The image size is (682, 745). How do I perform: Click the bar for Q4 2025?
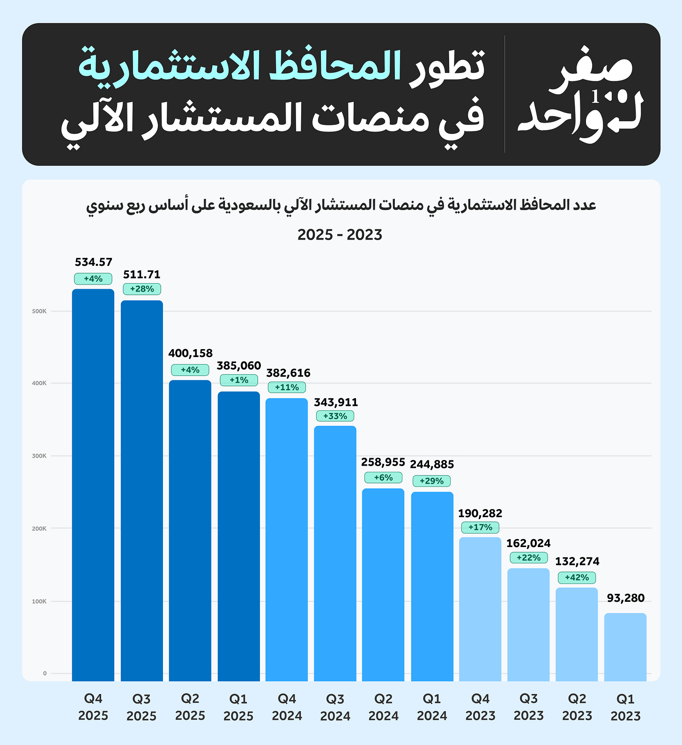click(x=93, y=484)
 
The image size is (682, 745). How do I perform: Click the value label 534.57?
click(x=94, y=262)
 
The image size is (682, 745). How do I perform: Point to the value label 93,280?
click(x=625, y=598)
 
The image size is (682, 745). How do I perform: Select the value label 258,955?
click(x=383, y=462)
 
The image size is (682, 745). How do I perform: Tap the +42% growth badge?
click(x=577, y=577)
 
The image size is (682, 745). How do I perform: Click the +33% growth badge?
click(x=335, y=416)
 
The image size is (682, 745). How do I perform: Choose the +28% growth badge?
click(x=142, y=289)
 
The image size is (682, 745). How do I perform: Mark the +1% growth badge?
click(x=239, y=380)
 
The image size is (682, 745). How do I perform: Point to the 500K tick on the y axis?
click(x=39, y=311)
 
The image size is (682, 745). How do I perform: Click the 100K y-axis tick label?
click(x=39, y=601)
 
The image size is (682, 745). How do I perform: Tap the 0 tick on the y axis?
click(x=45, y=673)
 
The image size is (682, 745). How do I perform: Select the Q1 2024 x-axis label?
click(x=432, y=707)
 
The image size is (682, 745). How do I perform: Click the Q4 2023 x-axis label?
click(x=480, y=707)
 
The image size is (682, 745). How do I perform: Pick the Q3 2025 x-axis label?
click(x=141, y=707)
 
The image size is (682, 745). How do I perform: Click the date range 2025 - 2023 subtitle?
click(x=340, y=234)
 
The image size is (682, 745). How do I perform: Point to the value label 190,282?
click(x=480, y=513)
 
